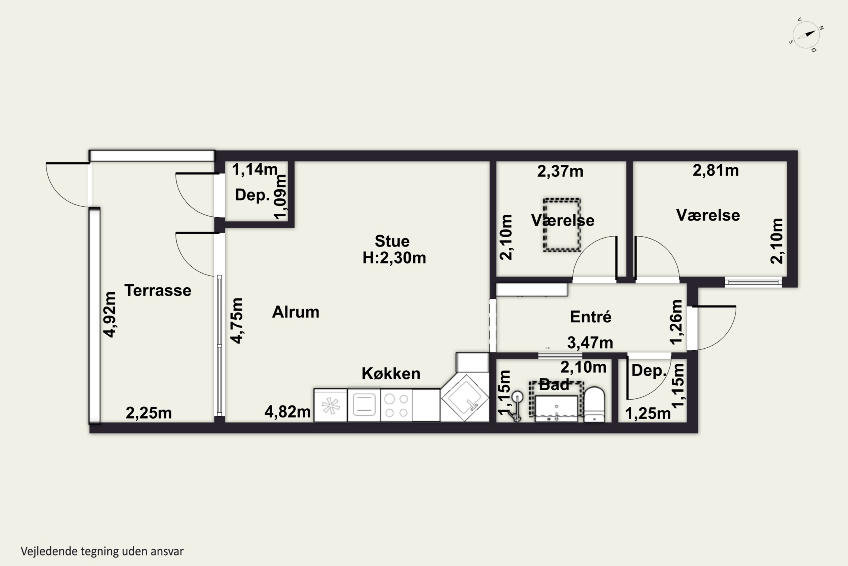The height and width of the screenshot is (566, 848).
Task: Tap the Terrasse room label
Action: point(158,291)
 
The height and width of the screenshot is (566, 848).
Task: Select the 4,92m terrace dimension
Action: point(109,315)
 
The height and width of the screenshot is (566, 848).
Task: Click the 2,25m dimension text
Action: point(149,413)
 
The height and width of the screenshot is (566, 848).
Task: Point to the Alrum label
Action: point(296,312)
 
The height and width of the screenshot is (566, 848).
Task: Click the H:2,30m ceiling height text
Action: point(394,258)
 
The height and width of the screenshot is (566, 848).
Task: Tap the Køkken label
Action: point(391,374)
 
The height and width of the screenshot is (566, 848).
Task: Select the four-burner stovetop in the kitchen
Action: point(396,405)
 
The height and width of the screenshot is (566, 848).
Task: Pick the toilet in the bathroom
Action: point(594,404)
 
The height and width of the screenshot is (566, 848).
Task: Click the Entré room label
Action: point(590,317)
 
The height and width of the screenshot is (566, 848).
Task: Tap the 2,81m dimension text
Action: point(716,170)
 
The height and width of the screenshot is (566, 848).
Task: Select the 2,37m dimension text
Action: point(560,171)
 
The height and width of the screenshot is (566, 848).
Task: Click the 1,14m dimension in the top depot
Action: point(255,169)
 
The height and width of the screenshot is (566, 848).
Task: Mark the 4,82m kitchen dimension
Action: point(287,412)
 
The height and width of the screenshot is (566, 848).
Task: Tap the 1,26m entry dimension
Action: point(676,322)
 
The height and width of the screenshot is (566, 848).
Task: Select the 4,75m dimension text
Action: point(237,321)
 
